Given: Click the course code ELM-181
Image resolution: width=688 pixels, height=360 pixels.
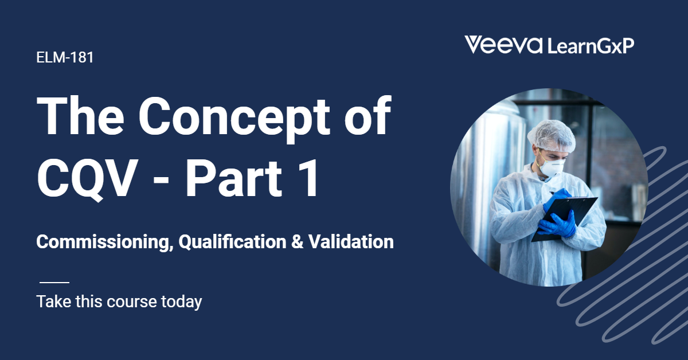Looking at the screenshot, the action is pos(65,57).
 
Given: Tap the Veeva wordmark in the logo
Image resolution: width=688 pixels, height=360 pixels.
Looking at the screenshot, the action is pos(503,45).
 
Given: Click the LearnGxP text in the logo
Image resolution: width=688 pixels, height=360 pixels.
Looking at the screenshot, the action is pos(591,46).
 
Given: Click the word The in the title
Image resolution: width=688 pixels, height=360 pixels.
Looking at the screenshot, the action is pos(80,115).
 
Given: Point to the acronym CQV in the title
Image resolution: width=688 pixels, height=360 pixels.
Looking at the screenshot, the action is pos(87,179).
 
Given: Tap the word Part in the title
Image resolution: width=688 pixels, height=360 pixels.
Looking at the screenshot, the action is pos(233,178).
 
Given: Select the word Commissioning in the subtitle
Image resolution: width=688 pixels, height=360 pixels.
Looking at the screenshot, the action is pos(103,242).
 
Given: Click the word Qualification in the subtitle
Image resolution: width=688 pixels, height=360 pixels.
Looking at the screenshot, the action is pos(232,242).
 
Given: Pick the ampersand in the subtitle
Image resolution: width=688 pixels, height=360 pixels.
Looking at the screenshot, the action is pos(298,242).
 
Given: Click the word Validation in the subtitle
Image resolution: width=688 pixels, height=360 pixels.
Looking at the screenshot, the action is pos(351,242).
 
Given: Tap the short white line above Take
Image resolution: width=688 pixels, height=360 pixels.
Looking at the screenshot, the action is pos(54,282).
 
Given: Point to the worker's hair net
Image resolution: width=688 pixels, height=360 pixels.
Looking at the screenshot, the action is pos(552,135).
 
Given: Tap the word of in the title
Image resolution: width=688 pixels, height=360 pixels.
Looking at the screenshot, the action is pos(368,115).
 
